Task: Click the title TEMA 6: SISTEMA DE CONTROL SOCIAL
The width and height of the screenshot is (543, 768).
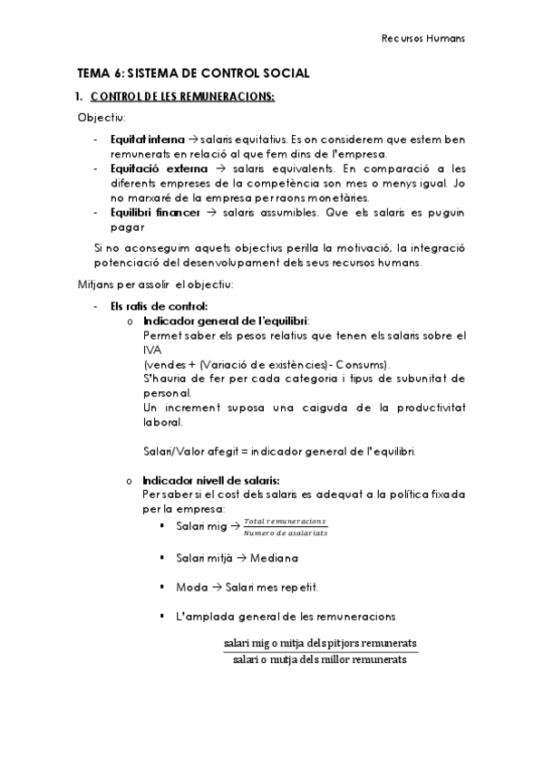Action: point(192,72)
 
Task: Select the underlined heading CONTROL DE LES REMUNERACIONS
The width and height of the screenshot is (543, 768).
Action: point(182,96)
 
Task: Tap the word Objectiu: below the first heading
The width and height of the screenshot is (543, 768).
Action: point(102,118)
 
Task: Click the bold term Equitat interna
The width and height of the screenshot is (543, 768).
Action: point(146,139)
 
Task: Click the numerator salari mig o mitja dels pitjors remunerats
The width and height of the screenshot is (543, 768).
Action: point(320,643)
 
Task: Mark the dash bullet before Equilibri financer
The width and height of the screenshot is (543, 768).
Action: point(97,212)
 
